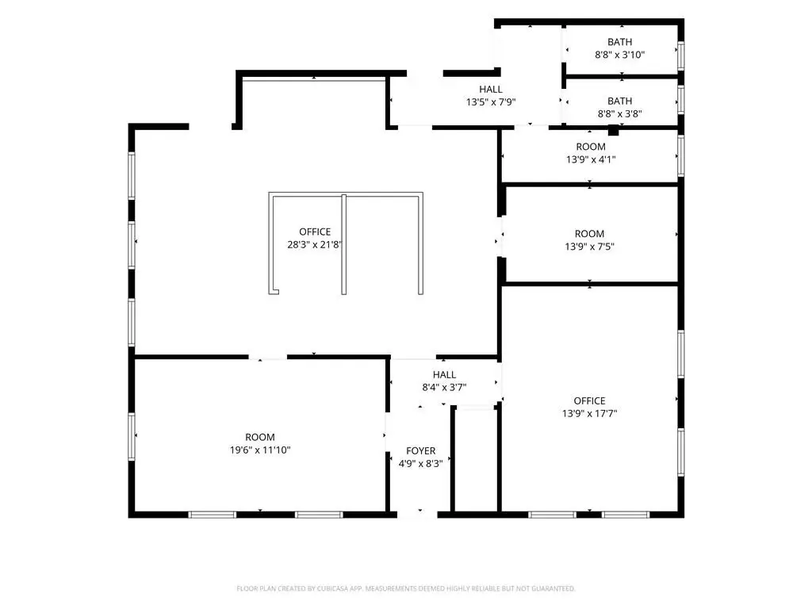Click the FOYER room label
[x=420, y=450]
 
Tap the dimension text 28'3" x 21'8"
[x=315, y=244]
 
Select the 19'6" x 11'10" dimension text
[x=260, y=450]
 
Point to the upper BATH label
[x=619, y=42]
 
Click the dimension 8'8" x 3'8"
[x=619, y=114]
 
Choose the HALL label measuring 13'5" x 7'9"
[x=490, y=89]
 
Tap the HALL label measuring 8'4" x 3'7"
[x=444, y=374]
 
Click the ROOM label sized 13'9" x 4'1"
[x=590, y=147]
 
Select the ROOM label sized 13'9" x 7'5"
[x=589, y=234]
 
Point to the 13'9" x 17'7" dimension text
[x=589, y=413]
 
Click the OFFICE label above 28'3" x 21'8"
[x=315, y=232]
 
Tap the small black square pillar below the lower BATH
[x=613, y=130]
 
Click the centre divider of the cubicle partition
[x=344, y=244]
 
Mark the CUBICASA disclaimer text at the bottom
[x=405, y=588]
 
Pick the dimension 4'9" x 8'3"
[x=420, y=463]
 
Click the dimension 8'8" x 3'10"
[x=619, y=55]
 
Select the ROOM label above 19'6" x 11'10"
[x=260, y=437]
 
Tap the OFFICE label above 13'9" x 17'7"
[x=589, y=400]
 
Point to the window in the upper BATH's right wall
[x=681, y=55]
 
